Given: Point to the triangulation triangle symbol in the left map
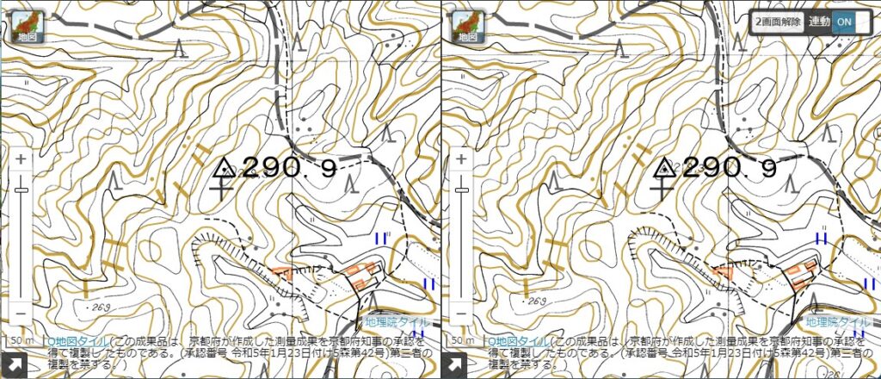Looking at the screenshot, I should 225,168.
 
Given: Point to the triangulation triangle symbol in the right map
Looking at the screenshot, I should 665,168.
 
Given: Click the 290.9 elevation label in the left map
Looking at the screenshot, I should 289,168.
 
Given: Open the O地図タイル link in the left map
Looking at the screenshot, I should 79,341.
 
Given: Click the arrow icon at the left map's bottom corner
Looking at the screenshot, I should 14,364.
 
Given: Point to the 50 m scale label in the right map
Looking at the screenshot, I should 462,341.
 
